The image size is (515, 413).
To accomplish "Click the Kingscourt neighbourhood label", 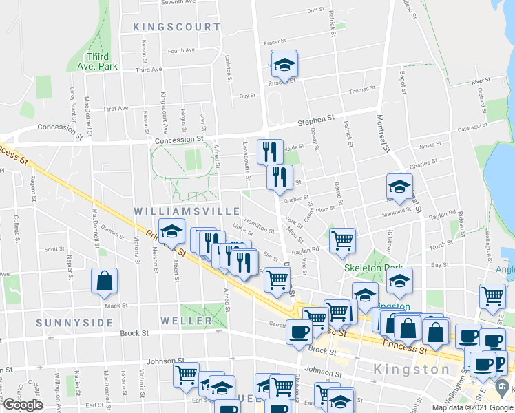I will pyautogui.click(x=177, y=27).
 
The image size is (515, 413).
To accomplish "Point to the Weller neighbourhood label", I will pyautogui.click(x=187, y=321).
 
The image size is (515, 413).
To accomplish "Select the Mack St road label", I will pyautogui.click(x=116, y=305).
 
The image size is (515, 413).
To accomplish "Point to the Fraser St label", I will pyautogui.click(x=275, y=42).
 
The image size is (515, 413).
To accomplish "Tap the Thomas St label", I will pyautogui.click(x=361, y=89).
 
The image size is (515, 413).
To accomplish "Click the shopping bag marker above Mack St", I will pyautogui.click(x=104, y=280).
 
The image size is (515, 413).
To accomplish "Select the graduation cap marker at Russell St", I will pyautogui.click(x=283, y=64).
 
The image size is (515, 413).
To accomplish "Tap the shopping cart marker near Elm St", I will pyautogui.click(x=277, y=279).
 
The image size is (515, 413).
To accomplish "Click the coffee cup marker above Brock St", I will pyautogui.click(x=299, y=331).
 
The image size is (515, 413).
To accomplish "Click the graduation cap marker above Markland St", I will pyautogui.click(x=399, y=185).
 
